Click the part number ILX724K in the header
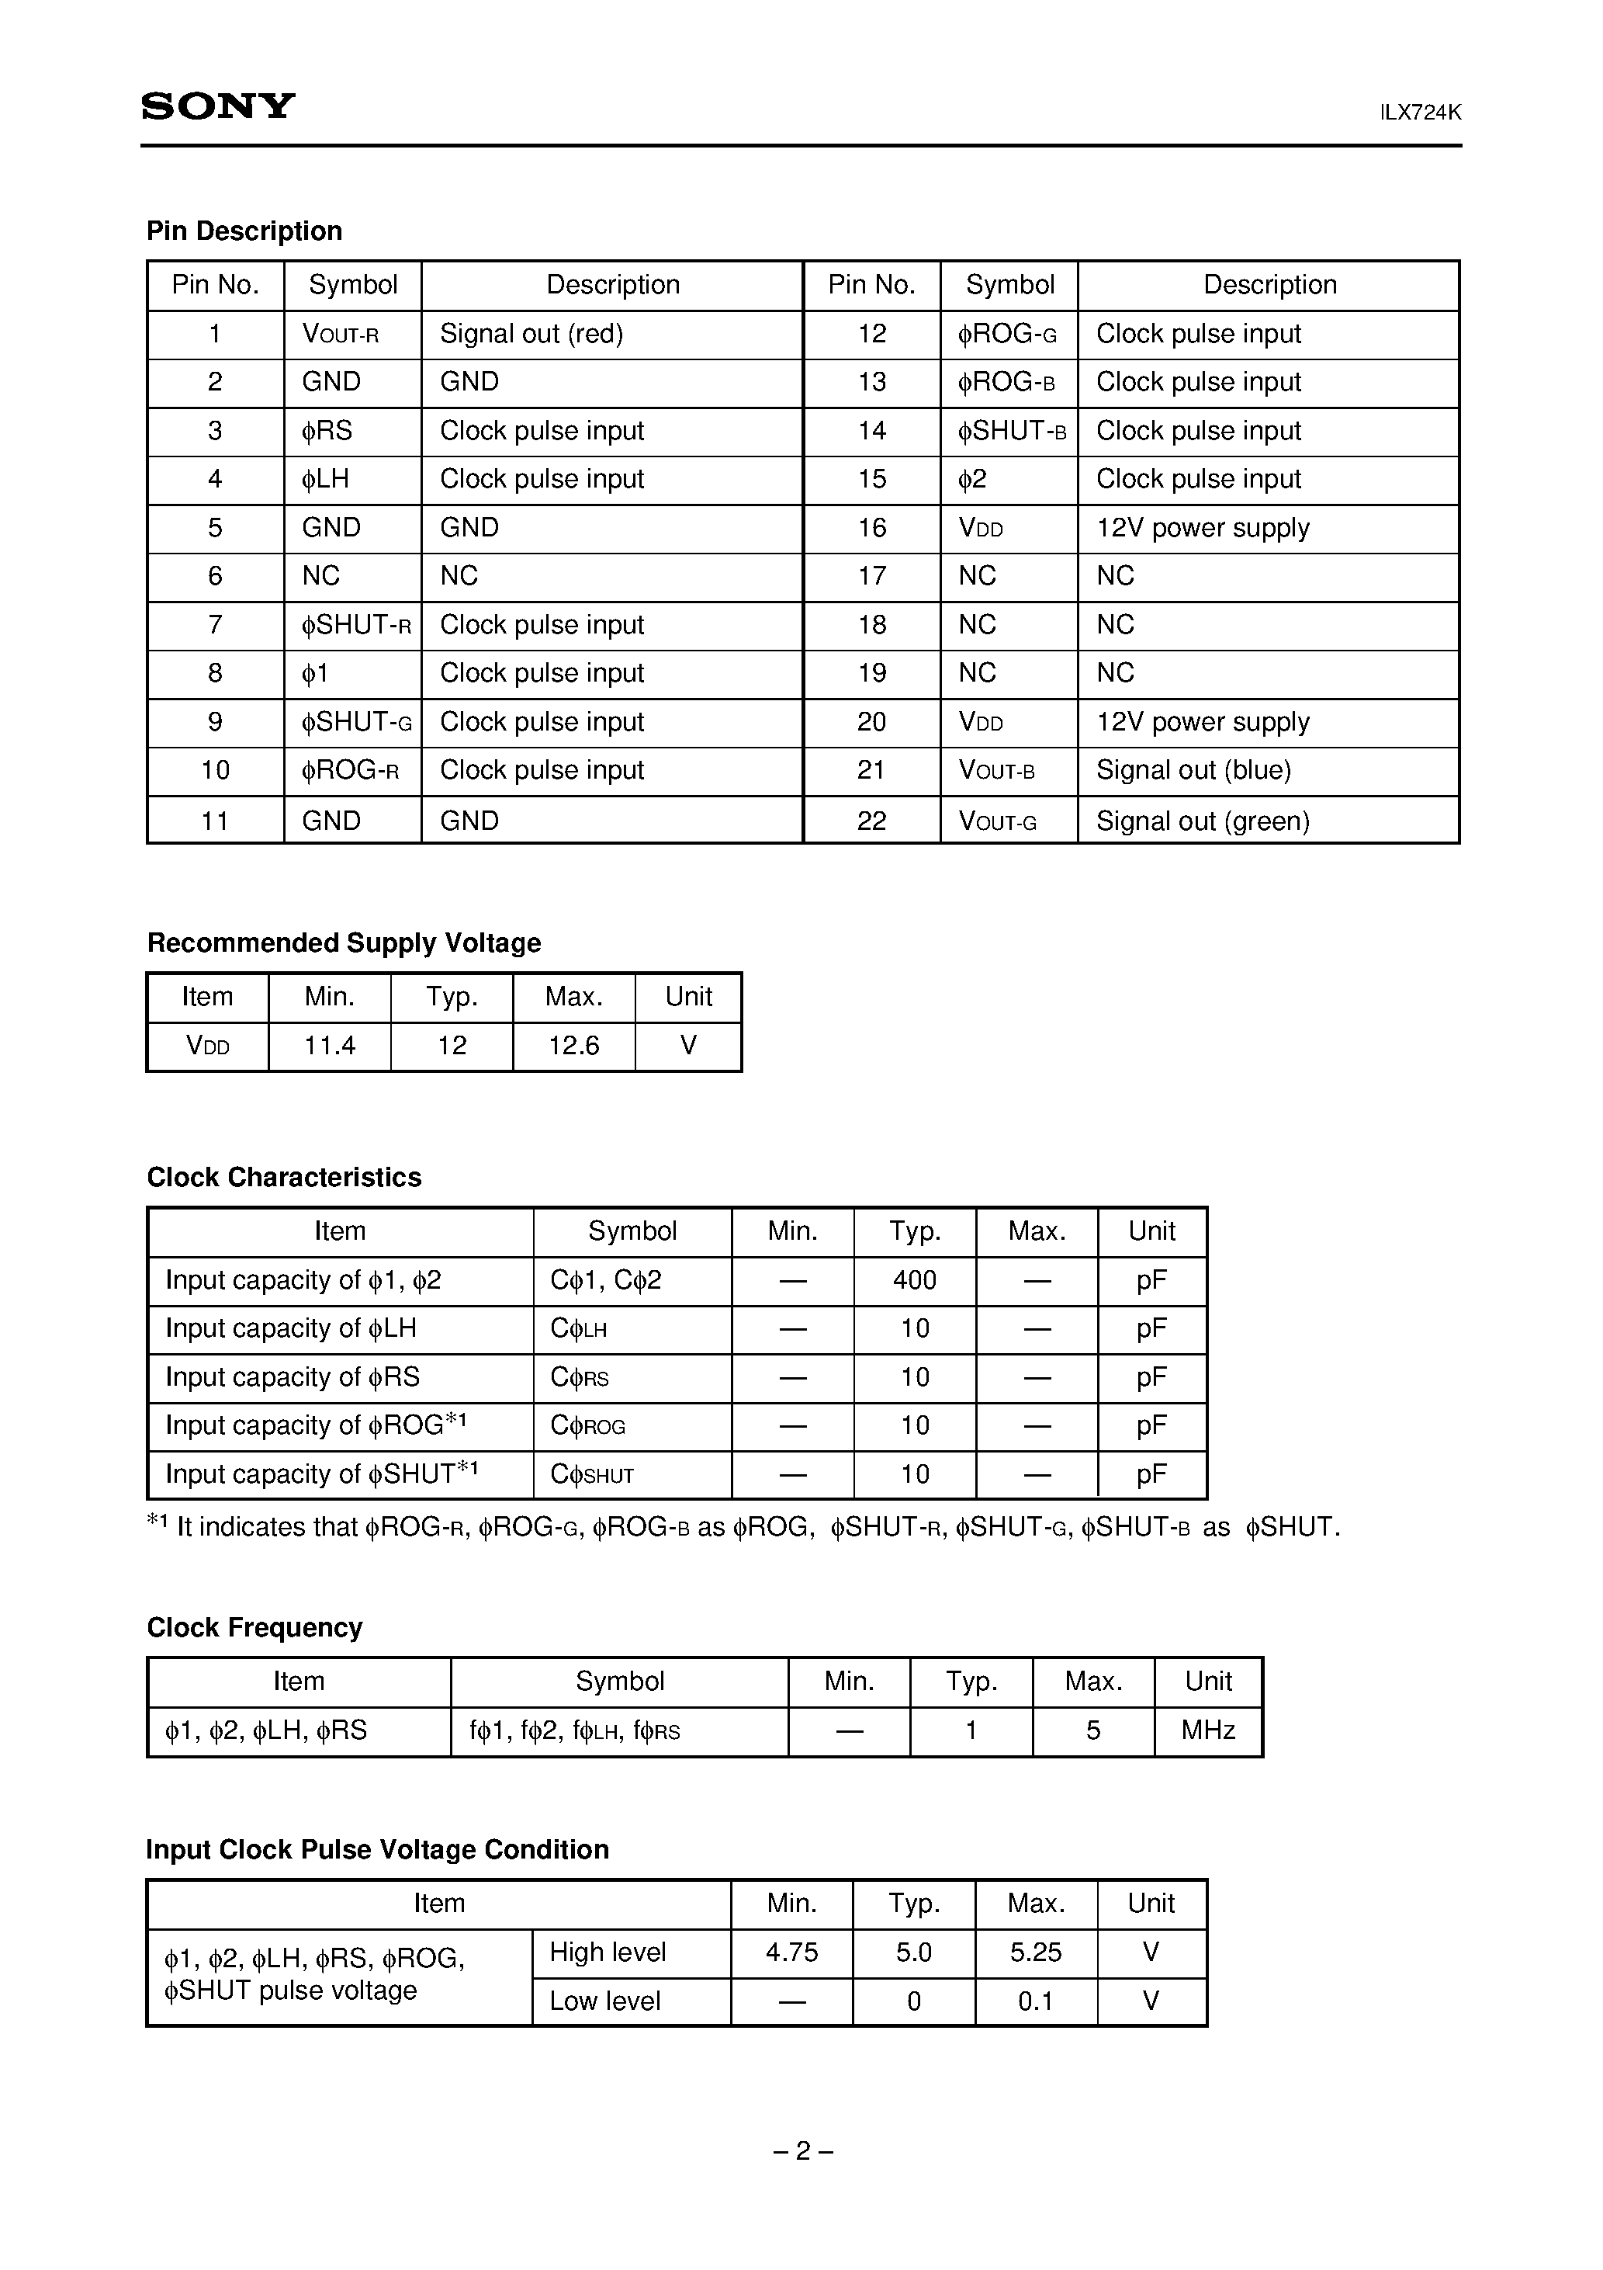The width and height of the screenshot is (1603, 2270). [x=1420, y=113]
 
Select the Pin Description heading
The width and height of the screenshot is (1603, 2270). [x=244, y=231]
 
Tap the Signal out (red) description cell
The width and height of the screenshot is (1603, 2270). [x=531, y=334]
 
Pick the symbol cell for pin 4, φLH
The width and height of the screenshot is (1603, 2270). [x=326, y=480]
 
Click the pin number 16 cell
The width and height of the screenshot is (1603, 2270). [x=871, y=528]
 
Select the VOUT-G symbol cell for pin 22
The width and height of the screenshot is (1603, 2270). [x=997, y=821]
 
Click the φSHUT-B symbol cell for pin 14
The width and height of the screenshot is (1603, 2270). [x=1011, y=431]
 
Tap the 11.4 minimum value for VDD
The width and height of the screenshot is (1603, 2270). [x=329, y=1046]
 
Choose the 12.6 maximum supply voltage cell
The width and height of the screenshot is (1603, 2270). [x=573, y=1046]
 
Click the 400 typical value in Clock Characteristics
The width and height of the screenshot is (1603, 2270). [x=914, y=1280]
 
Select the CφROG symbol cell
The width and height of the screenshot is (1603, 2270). [x=589, y=1425]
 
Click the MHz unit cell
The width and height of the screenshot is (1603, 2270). [x=1208, y=1730]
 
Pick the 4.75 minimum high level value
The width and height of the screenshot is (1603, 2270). [x=791, y=1952]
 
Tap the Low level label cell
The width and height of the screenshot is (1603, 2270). [x=605, y=2001]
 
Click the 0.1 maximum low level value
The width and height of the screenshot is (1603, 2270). [x=1035, y=2001]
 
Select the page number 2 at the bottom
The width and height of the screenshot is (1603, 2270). [x=802, y=2151]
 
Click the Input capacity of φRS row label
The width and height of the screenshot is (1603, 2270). [x=293, y=1377]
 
